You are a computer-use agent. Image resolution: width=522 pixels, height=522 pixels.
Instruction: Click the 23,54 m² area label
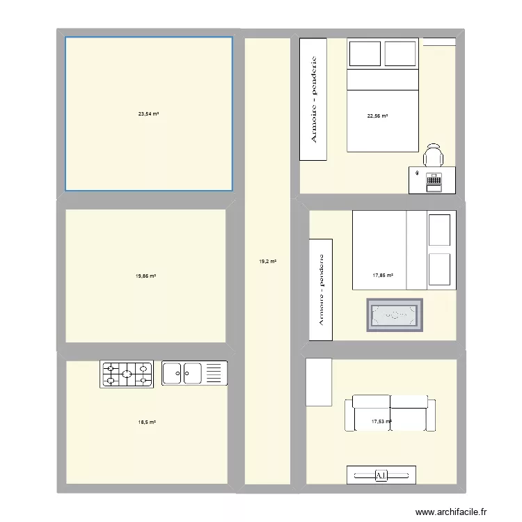[x=148, y=113]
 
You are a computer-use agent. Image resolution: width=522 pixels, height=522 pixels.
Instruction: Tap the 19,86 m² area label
[x=145, y=276]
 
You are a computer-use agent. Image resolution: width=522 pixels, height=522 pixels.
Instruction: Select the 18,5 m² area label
[x=145, y=422]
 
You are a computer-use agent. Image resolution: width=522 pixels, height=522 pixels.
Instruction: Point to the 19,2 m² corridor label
[x=268, y=262]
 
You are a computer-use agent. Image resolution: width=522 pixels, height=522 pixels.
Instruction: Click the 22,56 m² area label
[x=377, y=116]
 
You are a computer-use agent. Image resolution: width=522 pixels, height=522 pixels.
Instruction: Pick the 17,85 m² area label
[x=383, y=275]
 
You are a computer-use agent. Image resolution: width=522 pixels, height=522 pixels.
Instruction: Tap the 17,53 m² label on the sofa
[x=381, y=421]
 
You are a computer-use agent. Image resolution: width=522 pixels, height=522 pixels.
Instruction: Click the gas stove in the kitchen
[x=127, y=374]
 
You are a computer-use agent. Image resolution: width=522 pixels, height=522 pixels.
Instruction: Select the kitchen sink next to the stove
[x=195, y=373]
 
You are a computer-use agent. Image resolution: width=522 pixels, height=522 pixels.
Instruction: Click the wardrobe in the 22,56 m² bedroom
[x=313, y=99]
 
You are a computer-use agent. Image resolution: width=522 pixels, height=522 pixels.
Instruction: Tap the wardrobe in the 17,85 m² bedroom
[x=321, y=290]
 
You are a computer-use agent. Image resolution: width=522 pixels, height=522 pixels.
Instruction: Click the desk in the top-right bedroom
[x=432, y=180]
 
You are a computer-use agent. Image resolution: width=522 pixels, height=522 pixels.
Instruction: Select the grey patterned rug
[x=395, y=315]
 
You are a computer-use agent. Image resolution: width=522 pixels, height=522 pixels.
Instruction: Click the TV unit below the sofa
[x=381, y=475]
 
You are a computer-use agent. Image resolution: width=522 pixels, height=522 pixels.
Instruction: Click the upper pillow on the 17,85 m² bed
[x=439, y=230]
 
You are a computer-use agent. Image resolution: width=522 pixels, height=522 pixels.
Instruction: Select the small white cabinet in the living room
[x=318, y=381]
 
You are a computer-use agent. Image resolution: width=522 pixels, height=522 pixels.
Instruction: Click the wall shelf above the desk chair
[x=438, y=43]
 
